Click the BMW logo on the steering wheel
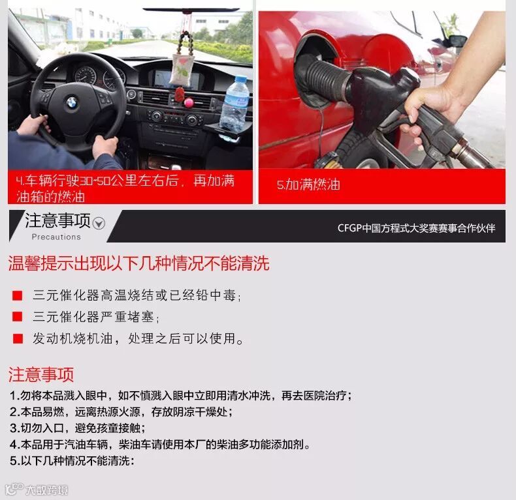[71, 103]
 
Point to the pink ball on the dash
[189, 103]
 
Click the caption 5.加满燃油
[308, 184]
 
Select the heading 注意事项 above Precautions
[57, 220]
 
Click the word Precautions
[56, 237]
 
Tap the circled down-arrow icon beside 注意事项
[99, 224]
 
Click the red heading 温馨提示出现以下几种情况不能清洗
[139, 263]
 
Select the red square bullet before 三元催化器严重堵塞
[17, 317]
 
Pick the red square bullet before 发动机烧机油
[18, 339]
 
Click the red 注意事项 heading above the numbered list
[40, 374]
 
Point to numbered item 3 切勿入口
[77, 428]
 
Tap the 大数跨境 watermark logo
[37, 490]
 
